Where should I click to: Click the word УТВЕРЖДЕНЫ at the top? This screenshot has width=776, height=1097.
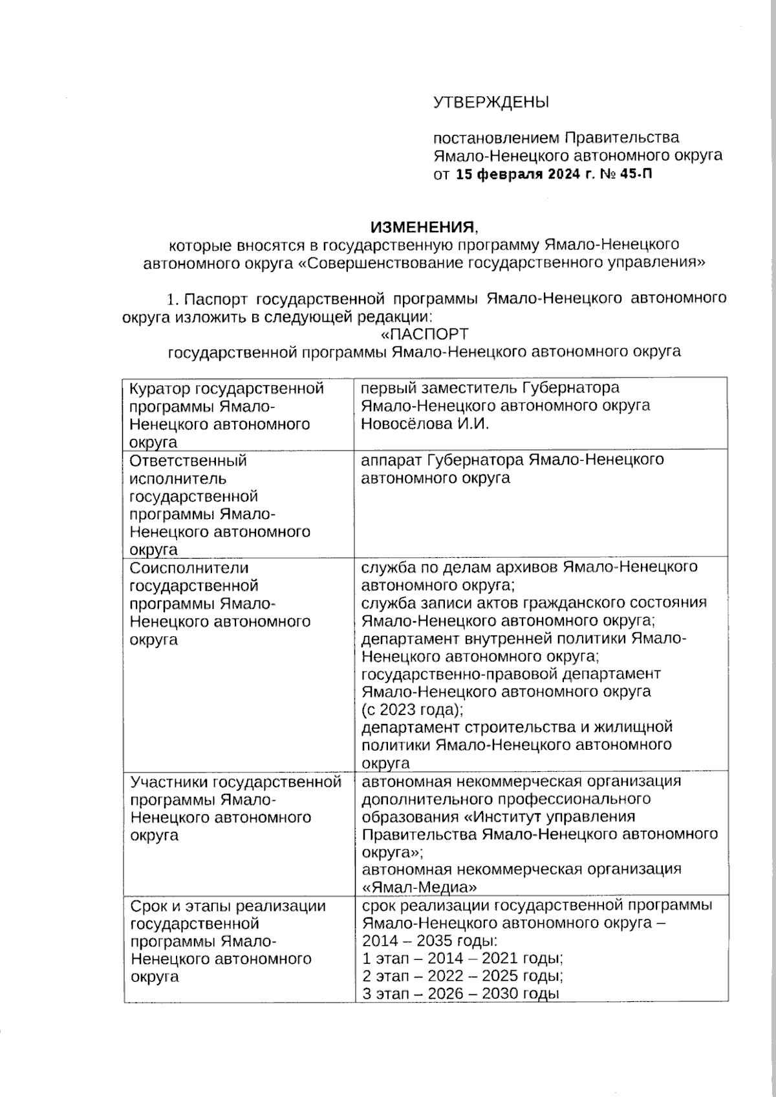(x=491, y=102)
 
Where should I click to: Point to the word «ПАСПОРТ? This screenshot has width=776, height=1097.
(x=423, y=334)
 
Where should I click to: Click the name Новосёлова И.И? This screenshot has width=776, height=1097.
(x=425, y=424)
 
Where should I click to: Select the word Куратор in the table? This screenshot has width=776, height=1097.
(x=160, y=389)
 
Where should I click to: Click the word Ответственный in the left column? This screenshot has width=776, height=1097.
(x=188, y=461)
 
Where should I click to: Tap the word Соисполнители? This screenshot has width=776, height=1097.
(x=189, y=568)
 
